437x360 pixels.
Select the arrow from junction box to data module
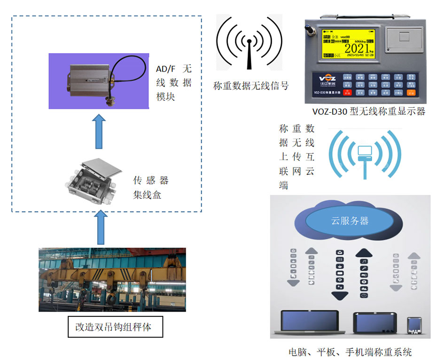pos(98,131)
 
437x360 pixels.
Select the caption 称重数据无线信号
pos(250,86)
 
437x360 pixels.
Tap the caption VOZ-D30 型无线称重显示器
pos(368,111)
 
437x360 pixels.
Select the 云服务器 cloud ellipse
pos(350,221)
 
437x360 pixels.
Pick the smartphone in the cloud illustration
pos(414,326)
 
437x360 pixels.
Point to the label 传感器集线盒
pos(150,187)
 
